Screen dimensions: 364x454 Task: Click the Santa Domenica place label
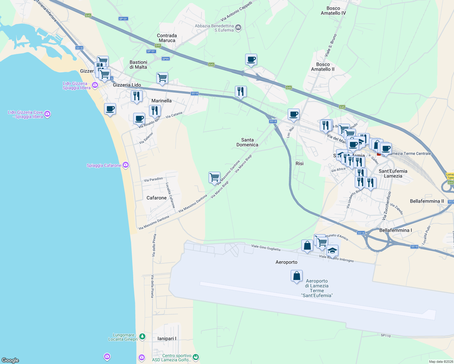[247, 142]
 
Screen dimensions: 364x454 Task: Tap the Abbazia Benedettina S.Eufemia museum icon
[238, 28]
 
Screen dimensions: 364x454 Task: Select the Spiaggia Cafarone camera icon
[126, 165]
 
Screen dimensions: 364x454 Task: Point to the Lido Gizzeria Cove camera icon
[47, 114]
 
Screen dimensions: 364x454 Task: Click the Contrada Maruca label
[167, 38]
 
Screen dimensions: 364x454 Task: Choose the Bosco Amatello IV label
[333, 11]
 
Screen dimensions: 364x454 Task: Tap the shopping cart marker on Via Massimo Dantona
[214, 177]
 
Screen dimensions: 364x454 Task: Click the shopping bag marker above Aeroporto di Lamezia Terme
[296, 276]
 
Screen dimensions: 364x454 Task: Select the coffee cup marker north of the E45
[251, 59]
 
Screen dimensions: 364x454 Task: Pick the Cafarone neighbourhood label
[157, 198]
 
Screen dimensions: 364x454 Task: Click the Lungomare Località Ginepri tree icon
[142, 336]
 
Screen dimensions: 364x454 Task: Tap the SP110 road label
[386, 335]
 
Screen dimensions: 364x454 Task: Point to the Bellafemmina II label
[427, 201]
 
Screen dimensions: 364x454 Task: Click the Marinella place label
[161, 101]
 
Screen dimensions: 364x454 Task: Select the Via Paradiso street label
[153, 180]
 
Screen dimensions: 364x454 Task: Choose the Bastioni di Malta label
[138, 65]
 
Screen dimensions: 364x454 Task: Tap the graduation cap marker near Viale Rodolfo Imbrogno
[332, 250]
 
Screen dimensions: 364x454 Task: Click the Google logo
[10, 360]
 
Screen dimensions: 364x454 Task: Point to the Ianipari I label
[167, 339]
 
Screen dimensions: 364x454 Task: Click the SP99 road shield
[166, 59]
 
